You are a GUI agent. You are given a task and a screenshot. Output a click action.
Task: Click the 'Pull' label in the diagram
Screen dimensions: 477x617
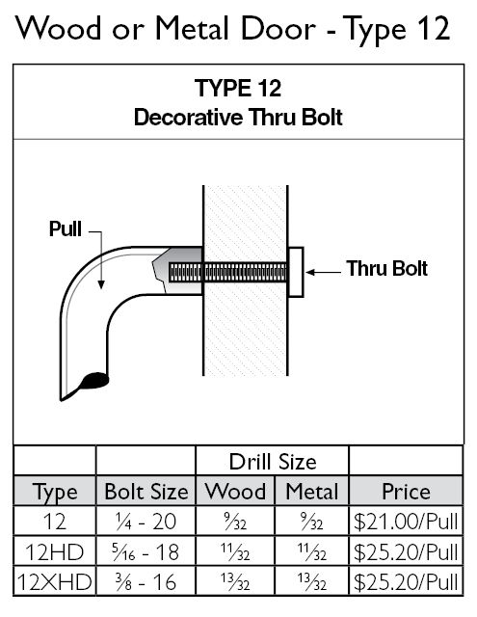(x=66, y=228)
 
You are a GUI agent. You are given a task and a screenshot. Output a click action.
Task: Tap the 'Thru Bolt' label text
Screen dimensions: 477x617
(x=387, y=269)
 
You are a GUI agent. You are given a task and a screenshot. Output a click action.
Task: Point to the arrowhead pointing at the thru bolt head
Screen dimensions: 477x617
(x=310, y=272)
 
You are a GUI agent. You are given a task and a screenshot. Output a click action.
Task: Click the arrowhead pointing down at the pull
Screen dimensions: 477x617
(x=101, y=284)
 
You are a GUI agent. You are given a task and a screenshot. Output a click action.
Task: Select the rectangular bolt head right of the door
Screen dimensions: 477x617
(x=296, y=272)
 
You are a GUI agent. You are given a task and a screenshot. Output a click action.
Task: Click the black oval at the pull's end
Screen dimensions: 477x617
(x=94, y=381)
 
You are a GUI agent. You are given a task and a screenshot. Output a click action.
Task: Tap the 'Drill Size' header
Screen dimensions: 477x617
(x=273, y=462)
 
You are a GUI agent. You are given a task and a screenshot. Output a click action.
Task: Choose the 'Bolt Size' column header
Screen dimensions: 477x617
(x=146, y=492)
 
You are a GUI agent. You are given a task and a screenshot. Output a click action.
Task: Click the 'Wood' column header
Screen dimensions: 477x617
(x=235, y=492)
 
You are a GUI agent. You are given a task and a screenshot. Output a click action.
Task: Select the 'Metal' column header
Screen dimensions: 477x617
(x=312, y=492)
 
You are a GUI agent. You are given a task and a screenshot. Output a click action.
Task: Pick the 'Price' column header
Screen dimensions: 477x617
(x=407, y=492)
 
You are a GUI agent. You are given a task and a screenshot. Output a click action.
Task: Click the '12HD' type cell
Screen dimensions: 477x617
(x=54, y=551)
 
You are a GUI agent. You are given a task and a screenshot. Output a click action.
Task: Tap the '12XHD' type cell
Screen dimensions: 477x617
(x=54, y=582)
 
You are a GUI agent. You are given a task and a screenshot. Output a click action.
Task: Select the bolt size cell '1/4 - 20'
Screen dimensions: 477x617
(x=146, y=522)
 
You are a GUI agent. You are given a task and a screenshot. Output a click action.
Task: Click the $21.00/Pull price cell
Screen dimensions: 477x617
(x=406, y=522)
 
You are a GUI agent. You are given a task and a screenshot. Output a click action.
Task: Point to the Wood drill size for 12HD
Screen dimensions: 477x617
(x=235, y=551)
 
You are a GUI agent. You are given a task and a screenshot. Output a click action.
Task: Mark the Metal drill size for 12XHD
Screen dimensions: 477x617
(x=312, y=582)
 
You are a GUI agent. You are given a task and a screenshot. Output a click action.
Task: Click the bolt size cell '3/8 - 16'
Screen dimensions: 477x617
(x=146, y=582)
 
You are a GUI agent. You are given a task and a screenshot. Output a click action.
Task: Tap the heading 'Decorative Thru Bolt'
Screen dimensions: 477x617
(x=238, y=118)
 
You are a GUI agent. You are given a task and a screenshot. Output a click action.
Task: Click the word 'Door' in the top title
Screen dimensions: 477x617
(x=278, y=29)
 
